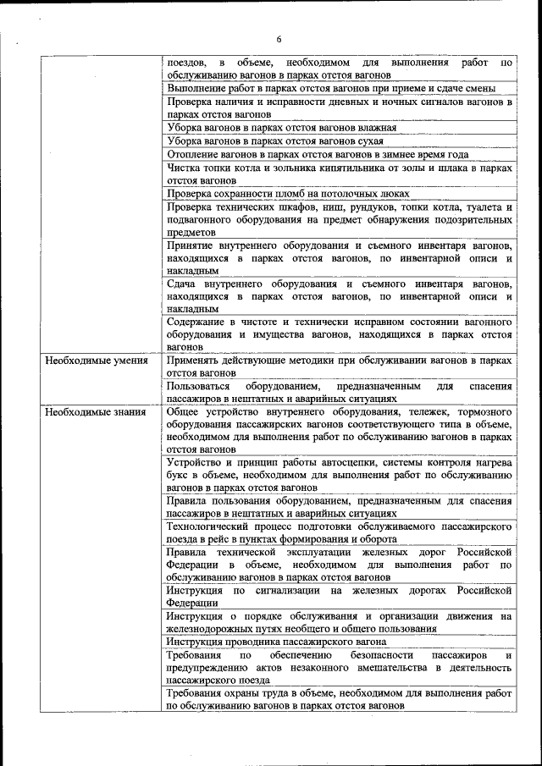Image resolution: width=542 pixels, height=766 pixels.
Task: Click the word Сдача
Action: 182,284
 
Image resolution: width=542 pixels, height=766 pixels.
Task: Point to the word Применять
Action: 196,361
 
